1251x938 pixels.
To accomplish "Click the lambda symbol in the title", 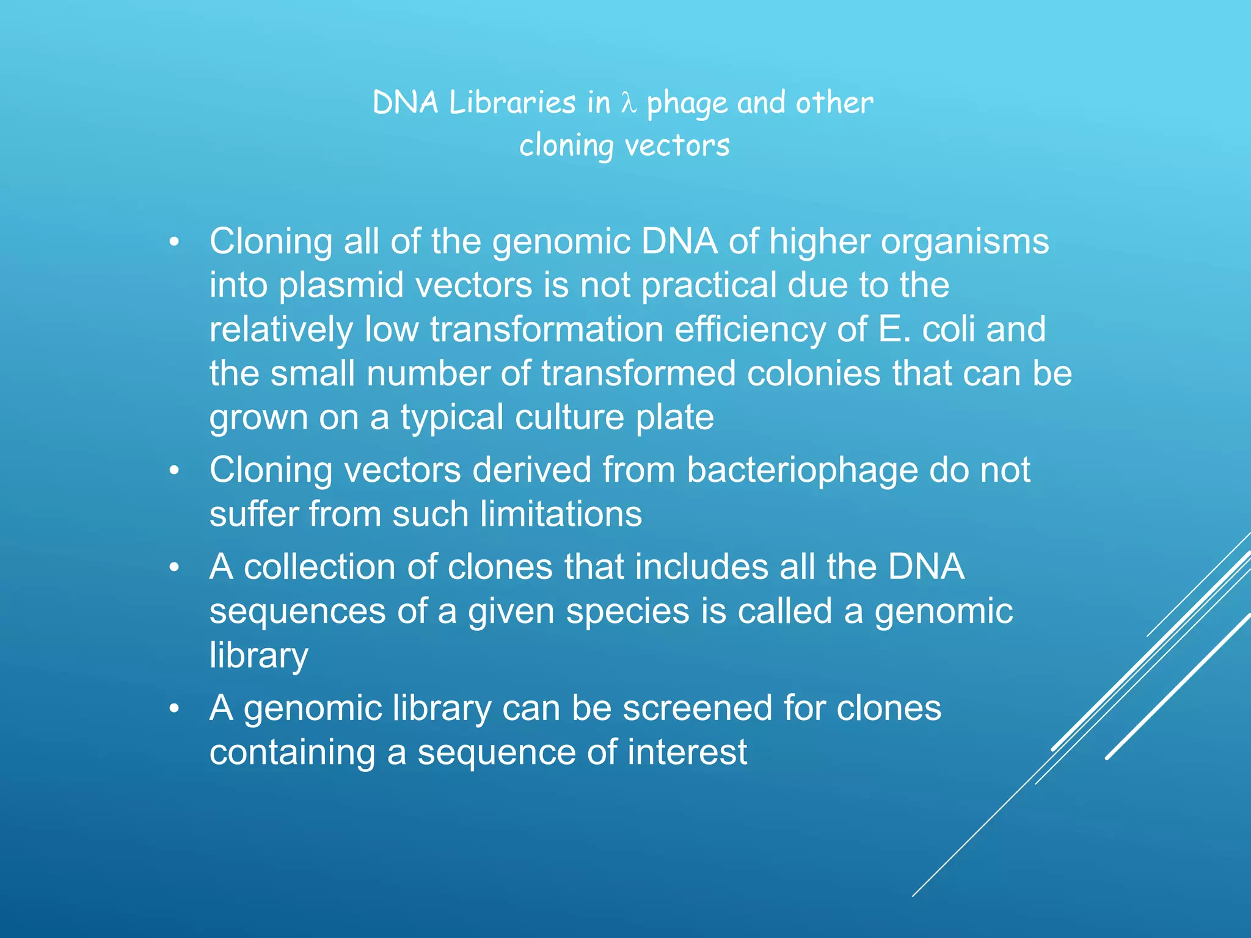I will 629,103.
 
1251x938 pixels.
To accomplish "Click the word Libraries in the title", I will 512,103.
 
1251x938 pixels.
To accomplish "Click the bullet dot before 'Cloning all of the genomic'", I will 175,242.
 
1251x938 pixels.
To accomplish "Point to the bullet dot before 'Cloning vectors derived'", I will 175,471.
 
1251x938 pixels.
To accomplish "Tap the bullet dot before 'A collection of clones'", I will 175,568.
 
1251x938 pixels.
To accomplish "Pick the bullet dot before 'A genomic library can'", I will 175,709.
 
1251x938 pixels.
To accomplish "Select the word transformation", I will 547,330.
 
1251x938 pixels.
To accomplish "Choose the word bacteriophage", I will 802,471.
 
